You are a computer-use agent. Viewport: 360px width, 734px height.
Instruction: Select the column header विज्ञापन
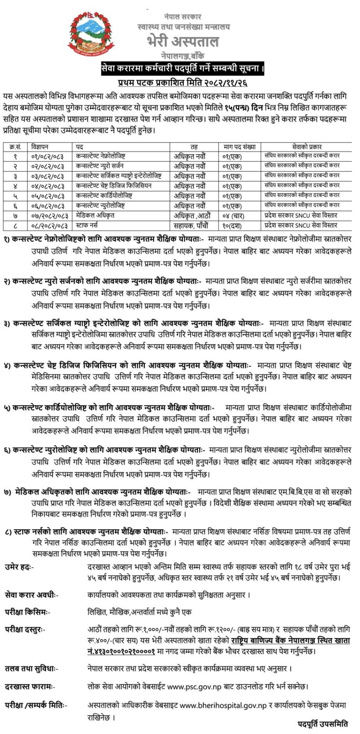40,147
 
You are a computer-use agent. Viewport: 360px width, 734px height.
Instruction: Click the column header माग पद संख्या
239,147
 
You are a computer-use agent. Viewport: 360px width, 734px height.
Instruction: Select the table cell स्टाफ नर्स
86,225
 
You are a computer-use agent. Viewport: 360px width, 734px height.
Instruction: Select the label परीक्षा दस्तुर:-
25,630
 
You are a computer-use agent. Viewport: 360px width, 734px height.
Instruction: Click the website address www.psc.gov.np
195,686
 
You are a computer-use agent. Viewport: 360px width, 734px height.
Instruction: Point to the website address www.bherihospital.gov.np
223,705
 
